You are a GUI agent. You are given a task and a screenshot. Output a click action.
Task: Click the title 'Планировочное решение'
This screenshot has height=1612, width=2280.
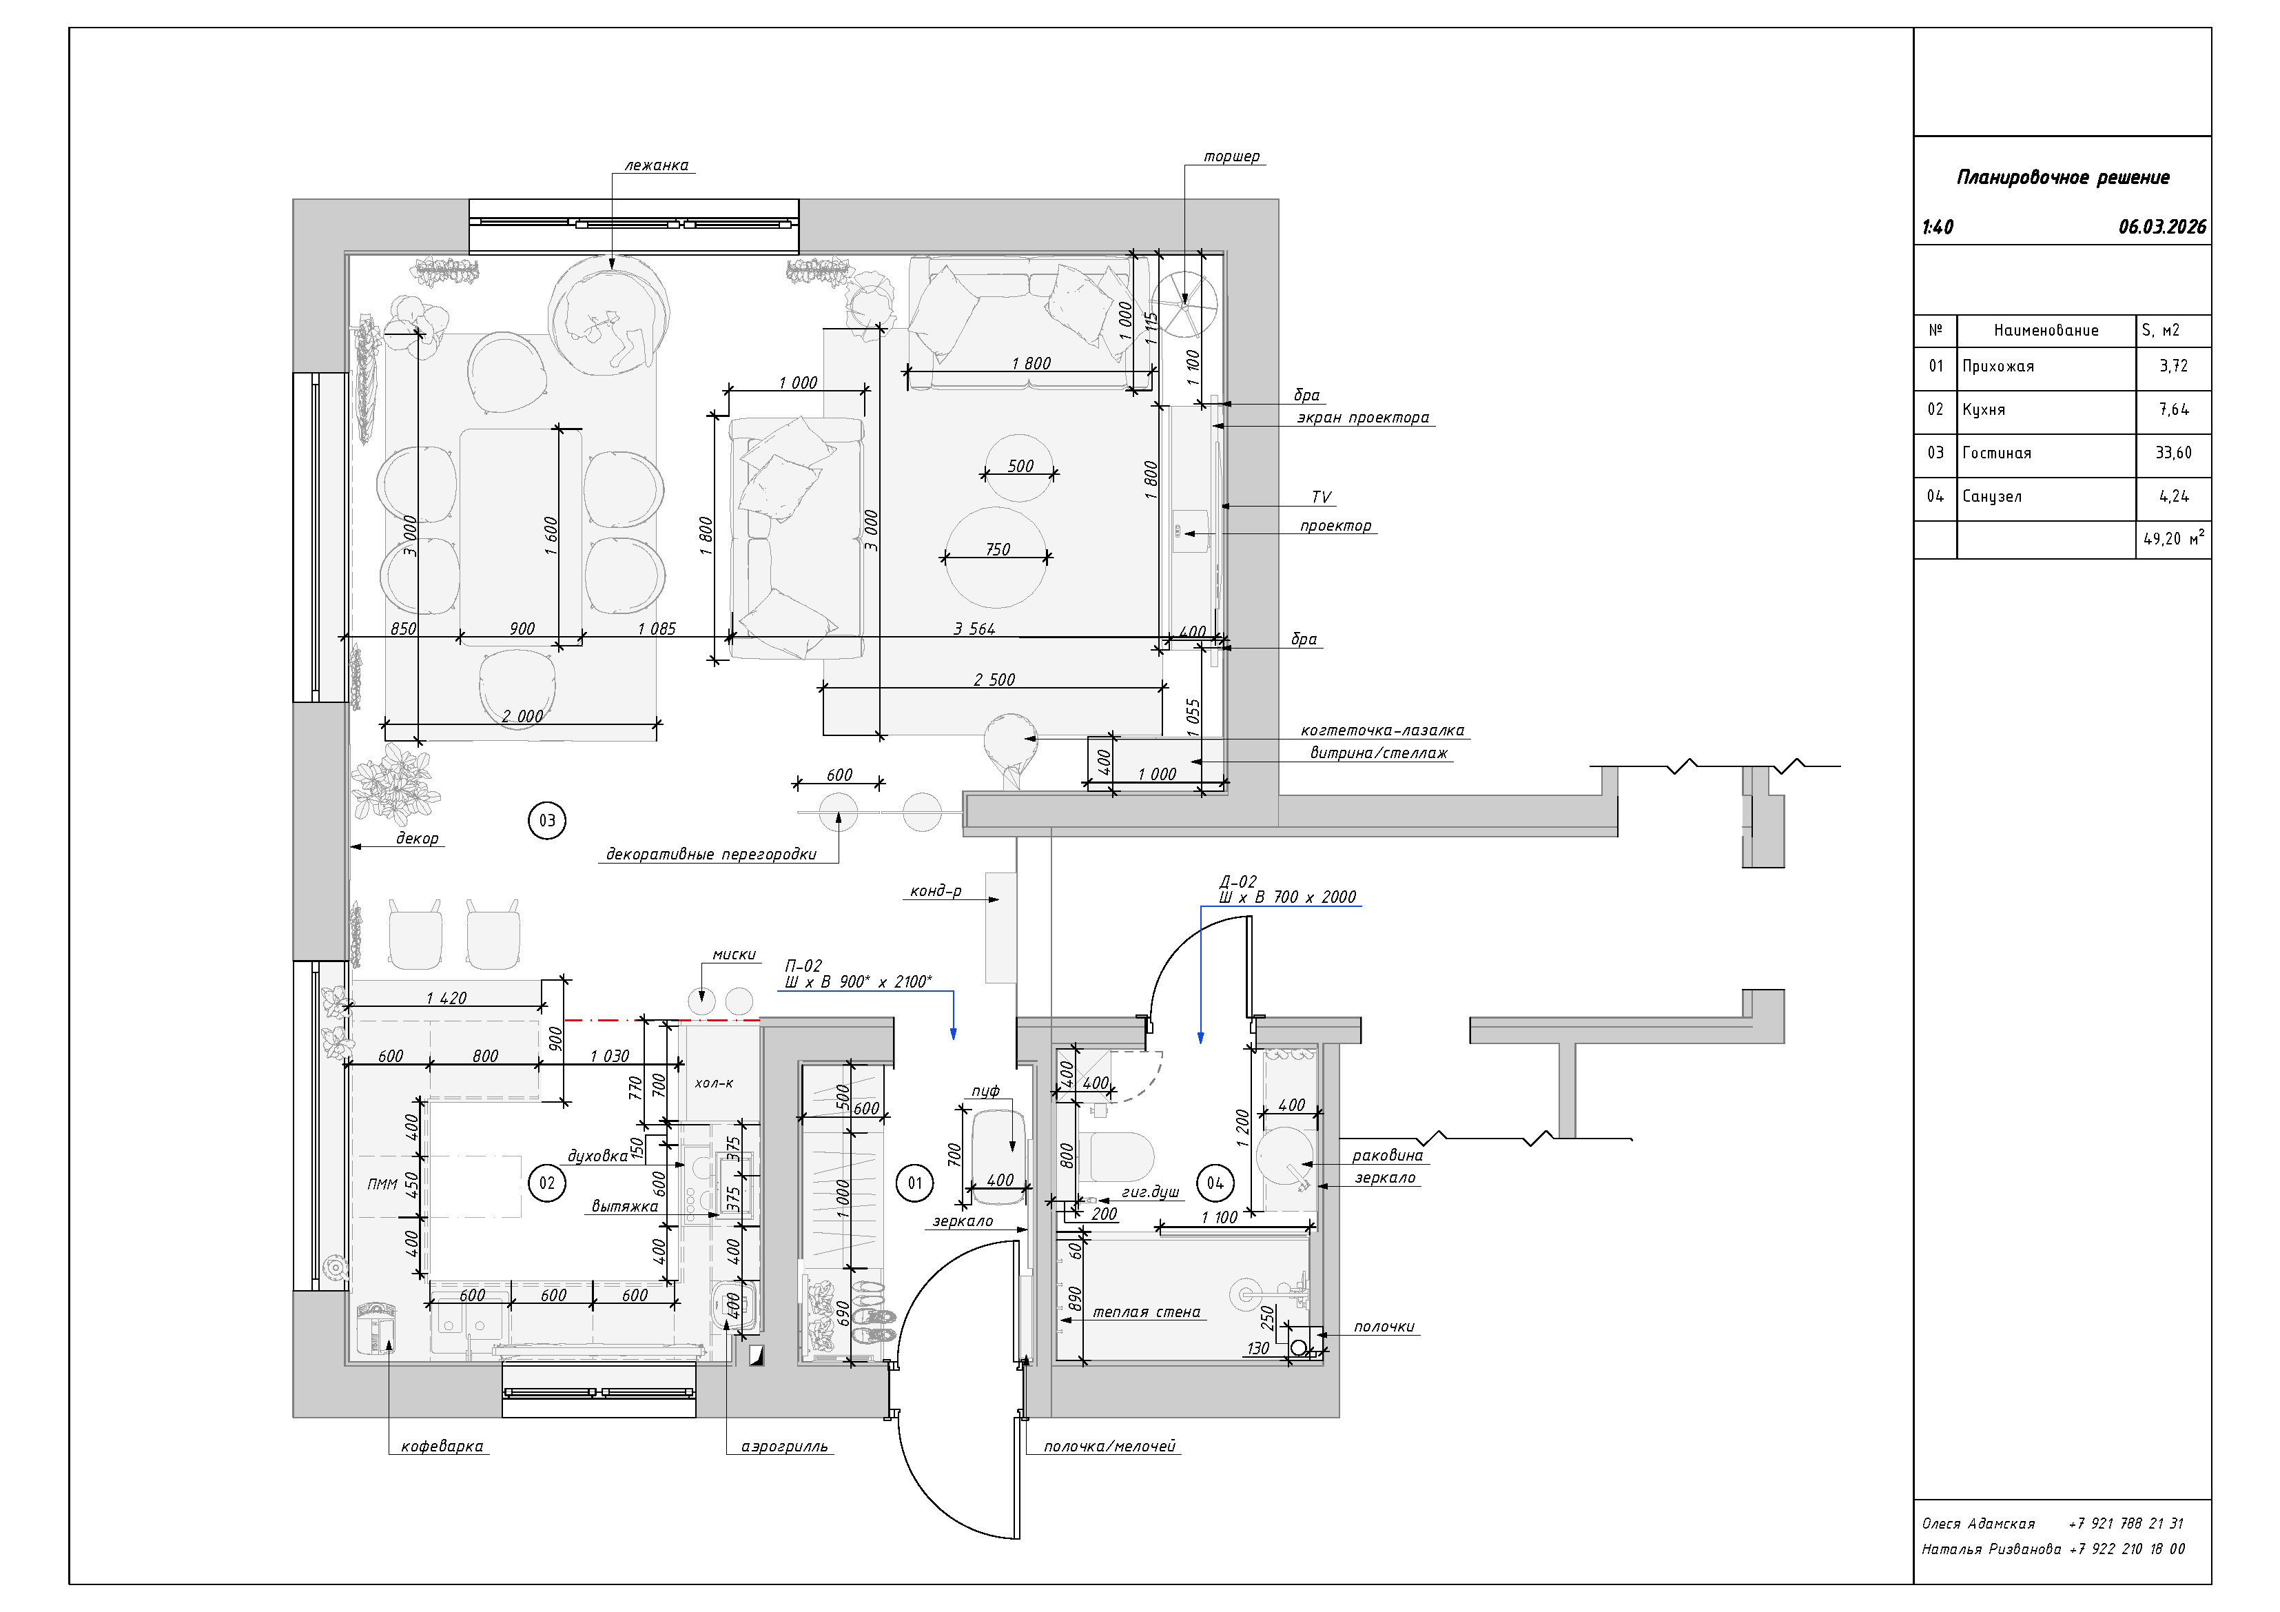point(2062,178)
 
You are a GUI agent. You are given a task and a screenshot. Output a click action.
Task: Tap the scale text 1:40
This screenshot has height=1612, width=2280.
point(1938,227)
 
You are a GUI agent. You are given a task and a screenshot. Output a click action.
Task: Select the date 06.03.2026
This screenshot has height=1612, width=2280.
point(2161,227)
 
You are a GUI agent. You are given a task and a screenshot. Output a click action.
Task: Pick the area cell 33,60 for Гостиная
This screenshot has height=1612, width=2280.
point(2174,453)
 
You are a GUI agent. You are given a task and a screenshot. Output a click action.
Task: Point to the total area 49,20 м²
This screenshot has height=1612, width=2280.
point(2174,538)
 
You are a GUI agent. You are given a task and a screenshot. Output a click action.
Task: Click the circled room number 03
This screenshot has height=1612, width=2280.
point(547,820)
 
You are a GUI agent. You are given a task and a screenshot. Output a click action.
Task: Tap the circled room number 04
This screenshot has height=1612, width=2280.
point(1215,1183)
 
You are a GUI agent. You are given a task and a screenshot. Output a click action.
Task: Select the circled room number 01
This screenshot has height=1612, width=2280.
point(914,1183)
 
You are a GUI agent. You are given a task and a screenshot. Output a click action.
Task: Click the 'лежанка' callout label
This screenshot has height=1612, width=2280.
point(657,166)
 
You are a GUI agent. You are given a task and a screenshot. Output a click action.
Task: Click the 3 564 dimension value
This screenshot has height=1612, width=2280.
point(974,629)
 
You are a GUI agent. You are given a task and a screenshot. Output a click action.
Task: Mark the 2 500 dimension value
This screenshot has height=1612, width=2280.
point(994,680)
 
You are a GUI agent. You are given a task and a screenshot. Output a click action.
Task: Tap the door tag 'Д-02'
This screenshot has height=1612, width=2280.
point(1238,881)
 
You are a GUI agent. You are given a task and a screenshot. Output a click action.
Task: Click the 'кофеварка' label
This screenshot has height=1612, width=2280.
point(442,1446)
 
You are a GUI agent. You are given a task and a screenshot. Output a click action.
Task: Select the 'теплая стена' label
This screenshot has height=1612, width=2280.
point(1147,1312)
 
